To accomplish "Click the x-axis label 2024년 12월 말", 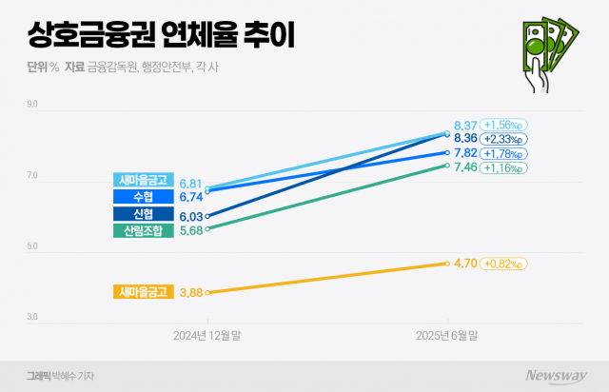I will tap(206, 336).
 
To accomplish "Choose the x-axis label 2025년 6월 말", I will tap(446, 336).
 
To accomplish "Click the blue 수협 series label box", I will tap(143, 196).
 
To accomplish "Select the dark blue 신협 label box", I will tap(143, 213).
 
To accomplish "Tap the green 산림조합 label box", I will tap(143, 230).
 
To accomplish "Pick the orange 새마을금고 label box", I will tap(143, 292).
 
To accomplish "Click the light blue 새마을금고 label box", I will tap(143, 180).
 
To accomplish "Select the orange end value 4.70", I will tap(466, 263).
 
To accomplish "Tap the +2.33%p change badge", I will tap(505, 139).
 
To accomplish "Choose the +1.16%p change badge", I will tap(505, 167).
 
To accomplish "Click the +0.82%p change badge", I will tap(505, 263).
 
